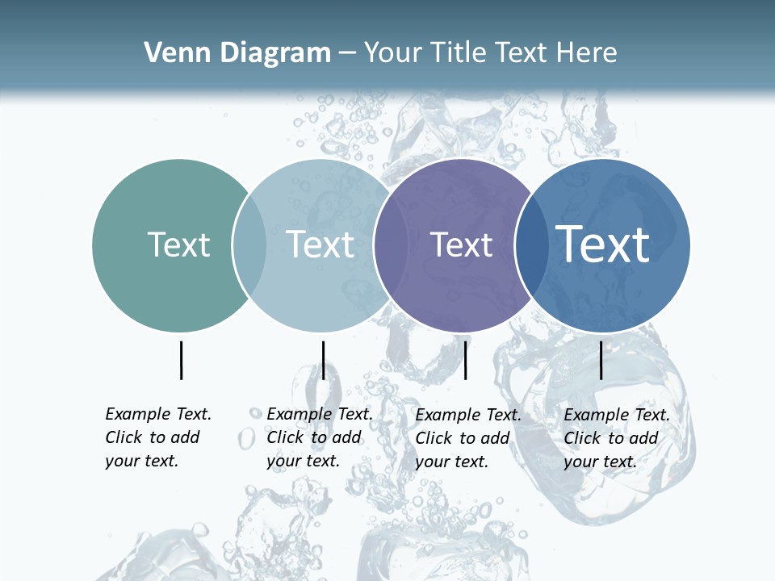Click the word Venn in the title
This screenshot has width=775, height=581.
[x=170, y=53]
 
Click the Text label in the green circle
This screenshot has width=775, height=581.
[x=178, y=245]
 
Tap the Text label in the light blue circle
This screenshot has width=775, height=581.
[x=320, y=245]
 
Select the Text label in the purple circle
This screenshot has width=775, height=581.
[x=461, y=245]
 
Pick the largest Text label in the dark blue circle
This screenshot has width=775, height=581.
[x=603, y=244]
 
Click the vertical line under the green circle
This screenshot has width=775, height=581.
[x=181, y=360]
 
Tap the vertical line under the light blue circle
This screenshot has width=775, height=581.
[x=323, y=360]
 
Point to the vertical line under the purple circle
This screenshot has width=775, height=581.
[x=466, y=360]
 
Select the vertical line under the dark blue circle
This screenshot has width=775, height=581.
[x=601, y=360]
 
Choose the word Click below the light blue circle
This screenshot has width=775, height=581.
[x=285, y=438]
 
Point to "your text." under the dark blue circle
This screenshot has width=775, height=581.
[x=600, y=462]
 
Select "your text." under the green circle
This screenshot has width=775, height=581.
[x=141, y=462]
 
